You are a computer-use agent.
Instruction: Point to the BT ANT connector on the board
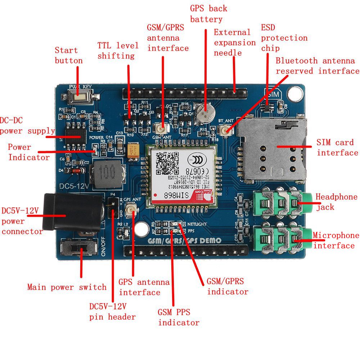(x=225, y=130)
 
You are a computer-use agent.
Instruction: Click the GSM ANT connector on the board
(x=161, y=128)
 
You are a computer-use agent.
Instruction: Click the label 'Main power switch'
(x=67, y=287)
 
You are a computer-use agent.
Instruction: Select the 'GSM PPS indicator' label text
(x=179, y=317)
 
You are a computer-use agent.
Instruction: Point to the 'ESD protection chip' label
(x=284, y=38)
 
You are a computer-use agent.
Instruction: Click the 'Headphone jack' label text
(x=336, y=202)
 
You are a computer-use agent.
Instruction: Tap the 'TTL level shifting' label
(x=118, y=51)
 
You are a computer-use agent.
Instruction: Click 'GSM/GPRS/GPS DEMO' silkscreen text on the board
(x=185, y=240)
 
